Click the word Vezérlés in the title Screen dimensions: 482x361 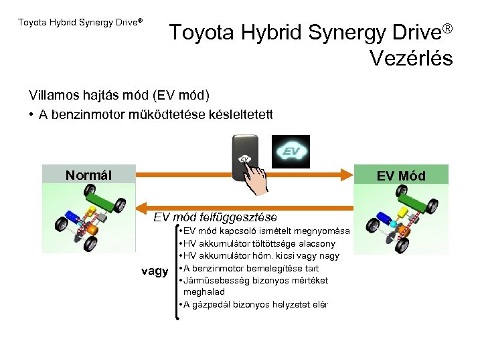411,57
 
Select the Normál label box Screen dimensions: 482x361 88,175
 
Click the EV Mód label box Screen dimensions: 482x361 400,176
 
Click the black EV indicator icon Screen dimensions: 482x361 290,151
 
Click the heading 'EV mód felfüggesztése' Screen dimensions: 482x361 215,217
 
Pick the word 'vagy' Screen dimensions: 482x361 155,271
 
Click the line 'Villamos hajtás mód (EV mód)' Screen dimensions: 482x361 119,94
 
